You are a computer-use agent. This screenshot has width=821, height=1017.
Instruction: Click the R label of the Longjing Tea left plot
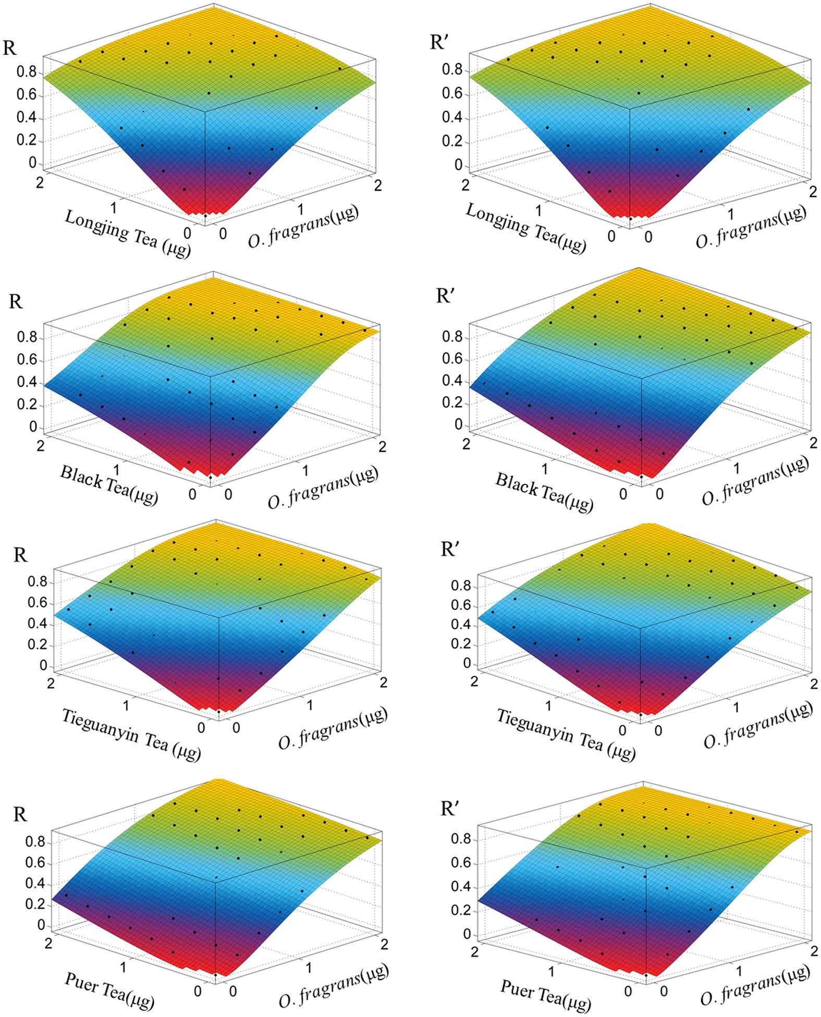pos(10,48)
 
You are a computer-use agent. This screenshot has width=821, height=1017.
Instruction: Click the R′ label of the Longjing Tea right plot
pos(439,42)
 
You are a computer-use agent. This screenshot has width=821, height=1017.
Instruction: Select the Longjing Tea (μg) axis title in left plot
pos(127,234)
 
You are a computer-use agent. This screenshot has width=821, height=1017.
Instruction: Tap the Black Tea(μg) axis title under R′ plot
pos(544,492)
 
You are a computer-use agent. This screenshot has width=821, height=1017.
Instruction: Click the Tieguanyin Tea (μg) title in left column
pos(131,735)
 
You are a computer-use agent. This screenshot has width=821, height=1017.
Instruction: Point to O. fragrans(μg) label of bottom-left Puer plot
pos(334,984)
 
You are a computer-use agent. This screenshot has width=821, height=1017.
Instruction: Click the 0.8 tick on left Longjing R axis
pos(27,72)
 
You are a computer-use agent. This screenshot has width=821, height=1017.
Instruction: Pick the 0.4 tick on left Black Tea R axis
pos(27,382)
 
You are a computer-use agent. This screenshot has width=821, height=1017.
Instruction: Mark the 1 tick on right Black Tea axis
pos(545,468)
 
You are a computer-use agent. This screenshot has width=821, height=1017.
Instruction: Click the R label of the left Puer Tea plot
pos(20,814)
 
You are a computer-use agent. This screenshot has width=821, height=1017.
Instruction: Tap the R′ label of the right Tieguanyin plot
pos(449,549)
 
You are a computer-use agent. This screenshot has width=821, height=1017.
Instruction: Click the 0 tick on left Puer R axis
pos(41,925)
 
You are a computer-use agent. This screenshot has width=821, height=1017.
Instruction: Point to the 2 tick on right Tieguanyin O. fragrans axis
pos(814,684)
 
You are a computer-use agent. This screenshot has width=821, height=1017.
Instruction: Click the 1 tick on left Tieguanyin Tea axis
pos(126,705)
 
